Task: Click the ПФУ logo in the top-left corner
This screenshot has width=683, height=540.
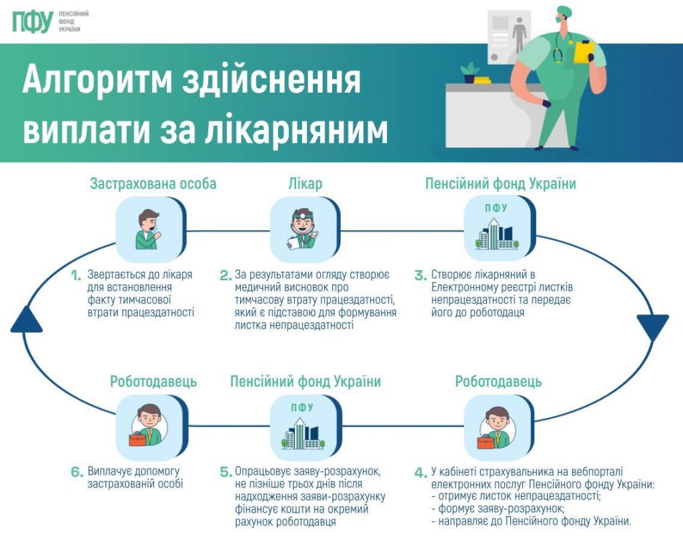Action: (x=31, y=22)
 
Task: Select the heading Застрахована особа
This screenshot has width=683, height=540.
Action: (x=153, y=184)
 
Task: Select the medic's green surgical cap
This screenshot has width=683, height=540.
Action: (x=564, y=12)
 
